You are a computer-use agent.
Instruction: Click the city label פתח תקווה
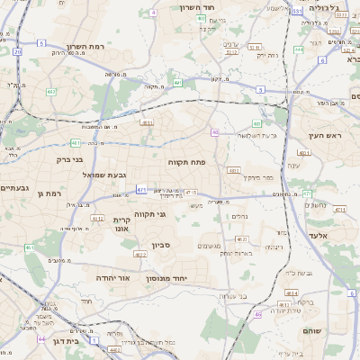tap(187, 161)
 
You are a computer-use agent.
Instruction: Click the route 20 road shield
tap(17, 51)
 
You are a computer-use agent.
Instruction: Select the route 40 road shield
tap(215, 133)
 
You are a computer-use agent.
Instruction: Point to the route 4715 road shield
tap(190, 192)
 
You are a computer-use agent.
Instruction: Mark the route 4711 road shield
tap(338, 209)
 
